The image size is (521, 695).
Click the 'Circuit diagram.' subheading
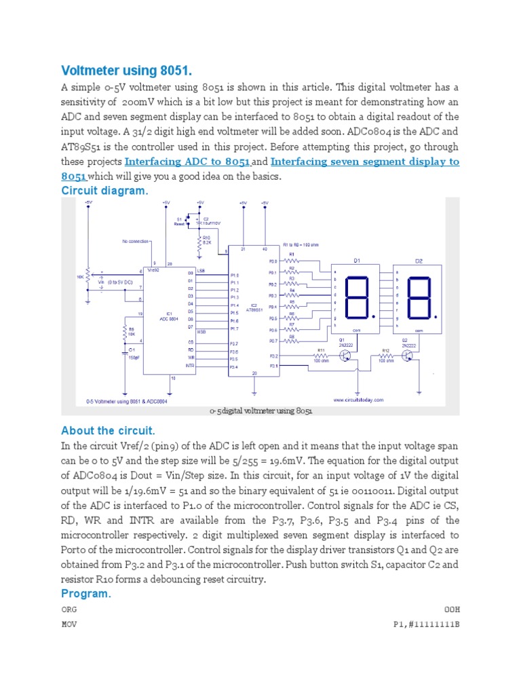[104, 191]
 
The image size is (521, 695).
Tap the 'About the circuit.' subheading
[108, 431]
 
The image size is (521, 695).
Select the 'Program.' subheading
[85, 593]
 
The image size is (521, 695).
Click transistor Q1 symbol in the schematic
[345, 354]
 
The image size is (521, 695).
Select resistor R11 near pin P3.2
[320, 355]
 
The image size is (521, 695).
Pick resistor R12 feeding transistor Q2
[385, 355]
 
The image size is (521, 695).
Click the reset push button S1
[189, 221]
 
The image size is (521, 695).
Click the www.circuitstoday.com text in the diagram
[357, 400]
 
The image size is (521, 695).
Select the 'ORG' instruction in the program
[69, 609]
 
